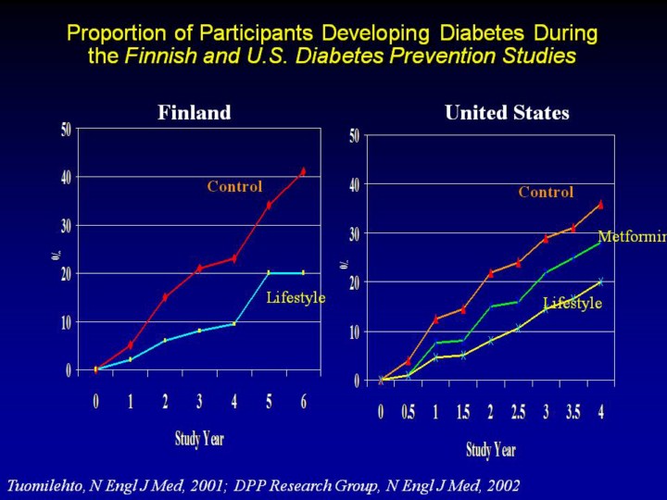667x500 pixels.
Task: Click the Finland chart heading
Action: tap(194, 113)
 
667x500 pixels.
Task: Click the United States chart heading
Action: tap(507, 113)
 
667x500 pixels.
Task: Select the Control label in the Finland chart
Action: tap(234, 186)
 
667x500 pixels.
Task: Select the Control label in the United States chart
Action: tap(546, 192)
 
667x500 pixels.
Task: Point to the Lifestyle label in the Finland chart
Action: tap(296, 297)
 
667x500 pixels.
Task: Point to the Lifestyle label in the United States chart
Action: tap(573, 303)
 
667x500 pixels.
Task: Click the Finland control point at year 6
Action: tap(303, 171)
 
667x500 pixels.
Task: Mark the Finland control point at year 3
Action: tap(199, 269)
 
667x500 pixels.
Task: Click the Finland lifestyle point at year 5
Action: tap(269, 272)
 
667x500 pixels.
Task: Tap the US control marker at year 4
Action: tap(600, 205)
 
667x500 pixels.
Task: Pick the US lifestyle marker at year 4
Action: tap(600, 281)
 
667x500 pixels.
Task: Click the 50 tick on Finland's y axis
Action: tap(66, 129)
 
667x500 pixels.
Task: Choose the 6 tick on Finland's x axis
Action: tap(303, 402)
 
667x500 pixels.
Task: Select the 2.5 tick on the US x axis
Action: tap(518, 412)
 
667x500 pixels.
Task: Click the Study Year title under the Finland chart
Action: tap(199, 437)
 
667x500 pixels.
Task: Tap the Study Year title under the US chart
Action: tap(491, 450)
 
